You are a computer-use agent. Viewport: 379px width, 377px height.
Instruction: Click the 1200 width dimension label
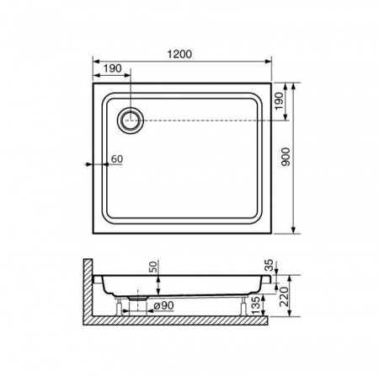[179, 54]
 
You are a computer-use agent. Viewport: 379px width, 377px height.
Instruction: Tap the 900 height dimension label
[286, 157]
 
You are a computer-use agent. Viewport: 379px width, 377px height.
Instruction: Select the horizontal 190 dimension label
[113, 68]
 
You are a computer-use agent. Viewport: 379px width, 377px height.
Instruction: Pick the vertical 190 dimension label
[279, 101]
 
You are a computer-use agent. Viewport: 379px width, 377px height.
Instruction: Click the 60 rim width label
[117, 159]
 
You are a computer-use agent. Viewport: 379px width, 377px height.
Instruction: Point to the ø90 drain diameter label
[163, 305]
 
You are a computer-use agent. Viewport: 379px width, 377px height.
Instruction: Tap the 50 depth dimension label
[153, 267]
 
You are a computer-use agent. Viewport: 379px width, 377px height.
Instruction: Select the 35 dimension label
[269, 265]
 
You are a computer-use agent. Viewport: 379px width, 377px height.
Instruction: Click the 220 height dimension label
[285, 297]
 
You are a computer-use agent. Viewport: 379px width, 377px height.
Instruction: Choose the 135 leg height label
[256, 305]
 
